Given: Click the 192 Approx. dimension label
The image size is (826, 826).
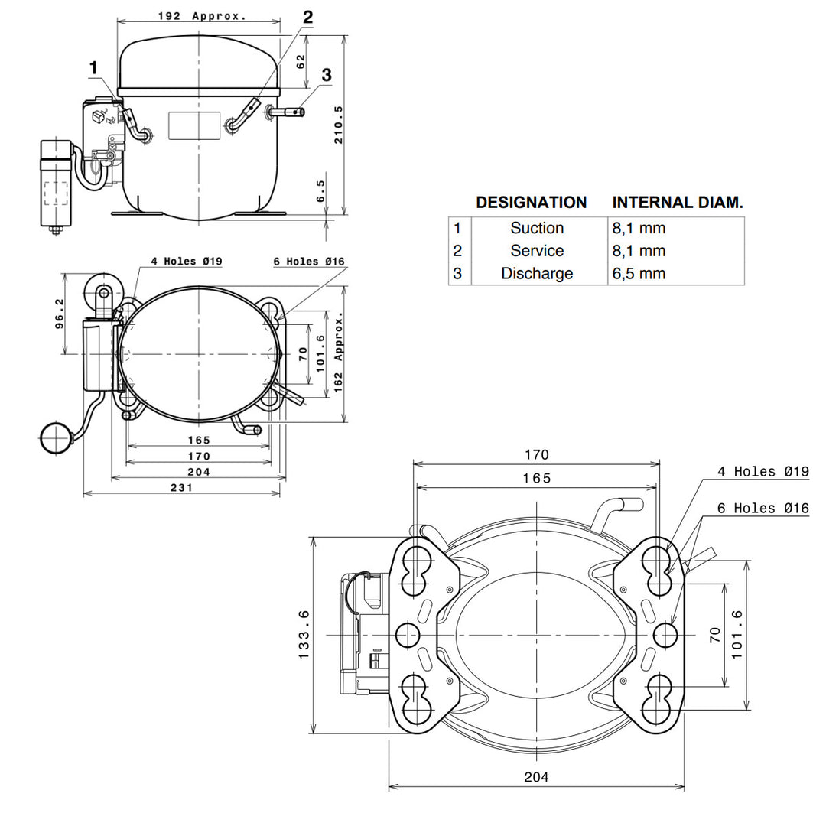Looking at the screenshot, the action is [x=202, y=16].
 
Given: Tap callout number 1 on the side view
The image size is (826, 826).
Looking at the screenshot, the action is [x=93, y=68].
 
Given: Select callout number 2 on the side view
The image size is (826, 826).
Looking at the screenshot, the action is [x=307, y=18].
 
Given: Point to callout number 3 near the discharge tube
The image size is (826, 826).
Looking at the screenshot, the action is [x=327, y=75].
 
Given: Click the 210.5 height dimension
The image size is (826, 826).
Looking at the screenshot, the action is [x=338, y=125].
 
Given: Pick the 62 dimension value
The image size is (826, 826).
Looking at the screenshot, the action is [x=301, y=62].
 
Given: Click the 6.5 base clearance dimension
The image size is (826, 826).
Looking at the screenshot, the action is [x=320, y=191].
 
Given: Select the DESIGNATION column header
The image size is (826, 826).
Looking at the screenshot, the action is [x=531, y=202].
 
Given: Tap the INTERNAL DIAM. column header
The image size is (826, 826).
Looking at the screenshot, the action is [x=678, y=202].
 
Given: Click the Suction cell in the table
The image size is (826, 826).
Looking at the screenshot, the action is [x=537, y=228].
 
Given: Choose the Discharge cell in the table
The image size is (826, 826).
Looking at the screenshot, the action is [x=537, y=273].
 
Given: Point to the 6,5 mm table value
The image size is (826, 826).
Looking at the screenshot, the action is [x=639, y=273].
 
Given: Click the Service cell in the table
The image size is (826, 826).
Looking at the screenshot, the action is [x=537, y=251].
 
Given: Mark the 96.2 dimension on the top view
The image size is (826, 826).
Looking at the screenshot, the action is [x=59, y=314].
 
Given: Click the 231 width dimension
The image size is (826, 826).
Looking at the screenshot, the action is [x=181, y=488].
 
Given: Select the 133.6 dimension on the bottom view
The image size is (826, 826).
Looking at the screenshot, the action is [x=304, y=635].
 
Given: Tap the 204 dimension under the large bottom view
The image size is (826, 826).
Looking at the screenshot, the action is [x=536, y=776].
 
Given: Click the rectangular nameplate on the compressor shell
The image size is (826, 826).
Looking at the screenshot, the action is [x=193, y=126].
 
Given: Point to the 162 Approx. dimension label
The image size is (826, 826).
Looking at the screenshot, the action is [x=338, y=352].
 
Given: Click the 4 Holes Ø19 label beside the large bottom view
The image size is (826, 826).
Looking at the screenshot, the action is [x=763, y=471].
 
